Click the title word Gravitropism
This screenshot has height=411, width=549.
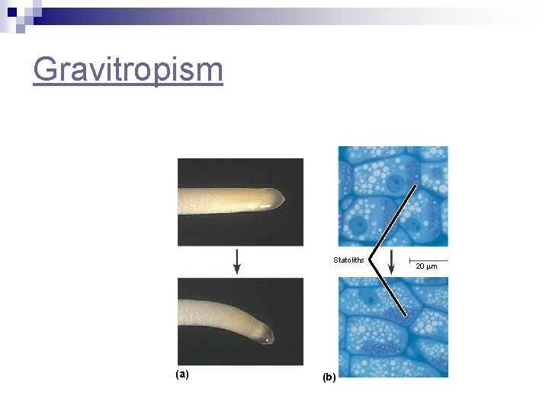click(128, 70)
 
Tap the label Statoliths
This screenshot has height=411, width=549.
click(348, 260)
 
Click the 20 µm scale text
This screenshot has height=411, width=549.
click(427, 266)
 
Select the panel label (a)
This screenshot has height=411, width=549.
click(182, 374)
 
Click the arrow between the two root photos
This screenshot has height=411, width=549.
click(237, 261)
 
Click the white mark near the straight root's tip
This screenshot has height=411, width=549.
click(263, 205)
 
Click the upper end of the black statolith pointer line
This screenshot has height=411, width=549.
click(416, 185)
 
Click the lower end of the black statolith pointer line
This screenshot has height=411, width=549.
click(406, 317)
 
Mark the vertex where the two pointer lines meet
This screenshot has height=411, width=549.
click(370, 256)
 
